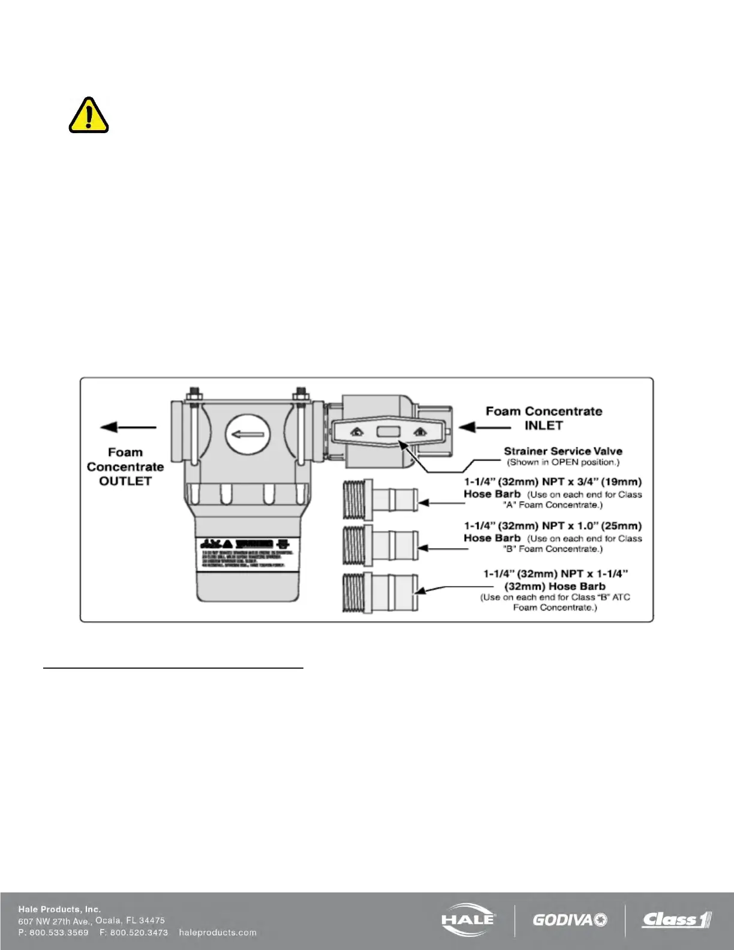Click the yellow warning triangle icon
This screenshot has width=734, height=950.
(x=89, y=115)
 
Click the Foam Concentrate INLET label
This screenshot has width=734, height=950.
(x=543, y=418)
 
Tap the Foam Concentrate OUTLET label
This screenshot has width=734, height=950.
(x=125, y=467)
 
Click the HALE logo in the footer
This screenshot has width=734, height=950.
(x=468, y=919)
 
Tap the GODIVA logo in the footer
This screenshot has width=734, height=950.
(x=569, y=919)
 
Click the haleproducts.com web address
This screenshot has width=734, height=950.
(x=218, y=933)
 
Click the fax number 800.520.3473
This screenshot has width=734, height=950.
(x=139, y=933)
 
